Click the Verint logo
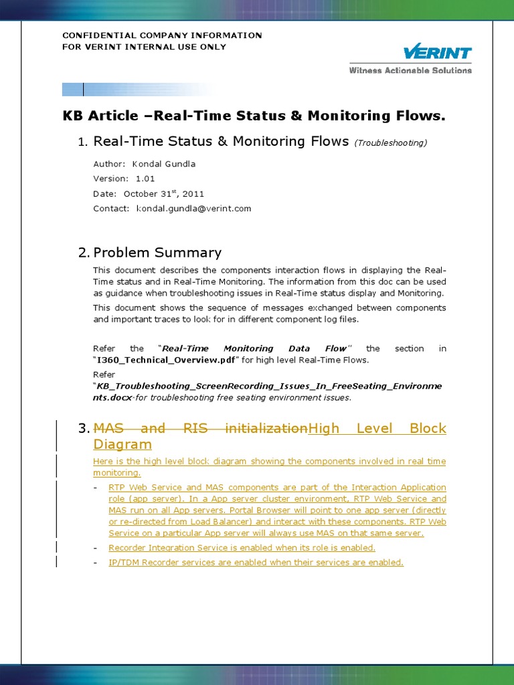pos(437,54)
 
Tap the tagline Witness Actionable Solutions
pos(410,70)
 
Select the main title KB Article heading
pos(253,116)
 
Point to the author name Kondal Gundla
pos(164,164)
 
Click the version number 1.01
pos(145,179)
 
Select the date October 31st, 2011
pos(163,193)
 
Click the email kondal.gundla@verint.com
pos(193,209)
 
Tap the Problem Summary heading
pos(157,252)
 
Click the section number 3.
pos(83,428)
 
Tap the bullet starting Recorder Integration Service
pos(242,548)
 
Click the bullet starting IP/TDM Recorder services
pos(256,563)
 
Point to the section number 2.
pos(83,252)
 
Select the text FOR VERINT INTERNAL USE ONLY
pos(144,47)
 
